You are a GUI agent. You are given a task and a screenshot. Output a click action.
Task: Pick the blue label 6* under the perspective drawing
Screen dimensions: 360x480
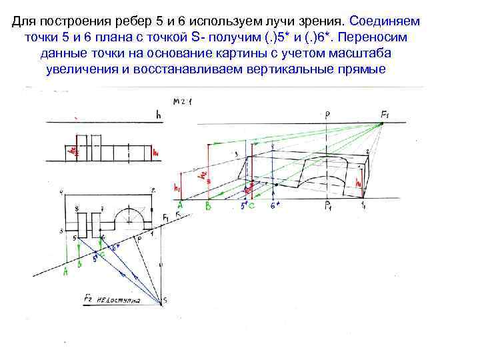pyautogui.click(x=274, y=207)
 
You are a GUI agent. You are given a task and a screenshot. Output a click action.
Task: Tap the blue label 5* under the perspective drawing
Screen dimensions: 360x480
pyautogui.click(x=244, y=207)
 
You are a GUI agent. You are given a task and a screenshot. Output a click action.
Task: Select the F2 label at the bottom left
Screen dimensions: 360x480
pyautogui.click(x=89, y=298)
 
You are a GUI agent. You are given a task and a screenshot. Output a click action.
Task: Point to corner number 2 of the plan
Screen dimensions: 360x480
pyautogui.click(x=153, y=191)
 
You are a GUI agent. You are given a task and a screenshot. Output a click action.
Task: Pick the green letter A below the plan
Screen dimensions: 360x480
pyautogui.click(x=65, y=272)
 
